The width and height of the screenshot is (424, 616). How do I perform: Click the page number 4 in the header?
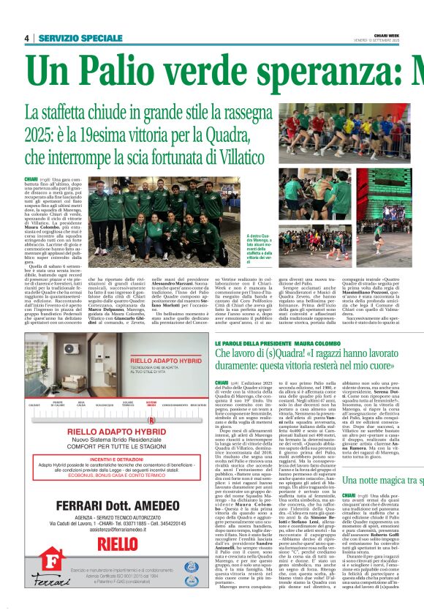pos(26,38)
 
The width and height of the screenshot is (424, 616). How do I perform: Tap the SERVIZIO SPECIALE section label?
pos(80,38)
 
